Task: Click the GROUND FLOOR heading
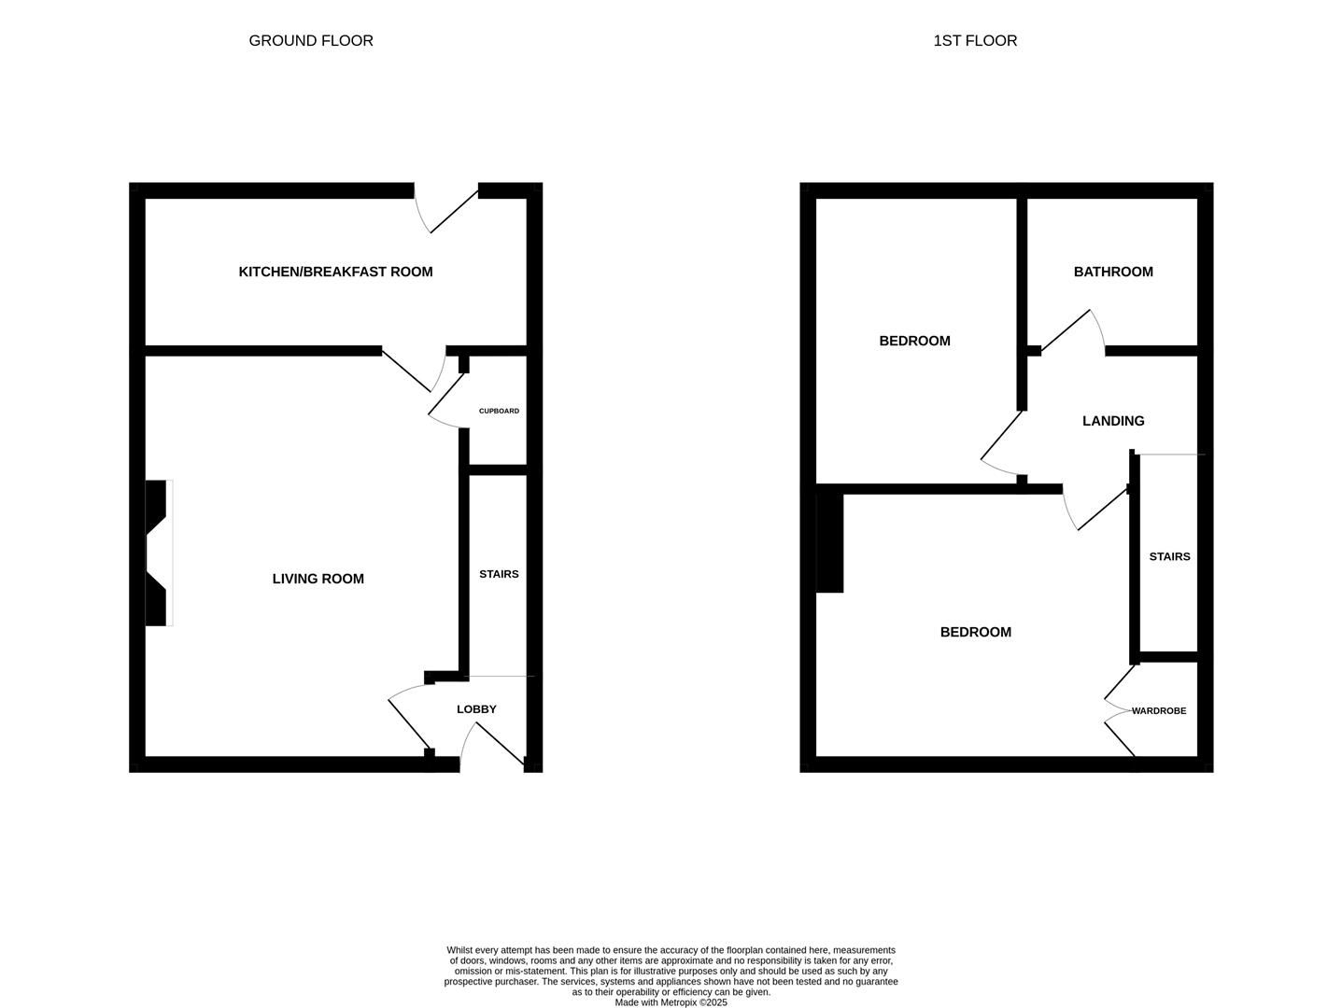click(311, 41)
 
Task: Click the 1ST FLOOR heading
click(975, 41)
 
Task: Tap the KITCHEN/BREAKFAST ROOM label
click(335, 272)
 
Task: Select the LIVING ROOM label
click(318, 579)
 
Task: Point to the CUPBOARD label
click(499, 411)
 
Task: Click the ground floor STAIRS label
click(499, 574)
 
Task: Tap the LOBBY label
click(476, 709)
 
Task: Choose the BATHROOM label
click(1113, 272)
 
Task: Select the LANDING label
click(1113, 421)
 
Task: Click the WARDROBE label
click(1159, 711)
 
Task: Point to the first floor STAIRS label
click(1169, 556)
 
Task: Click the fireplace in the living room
click(157, 553)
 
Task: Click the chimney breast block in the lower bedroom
click(829, 542)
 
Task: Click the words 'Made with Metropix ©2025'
click(671, 1002)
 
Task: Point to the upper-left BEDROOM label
click(914, 341)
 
